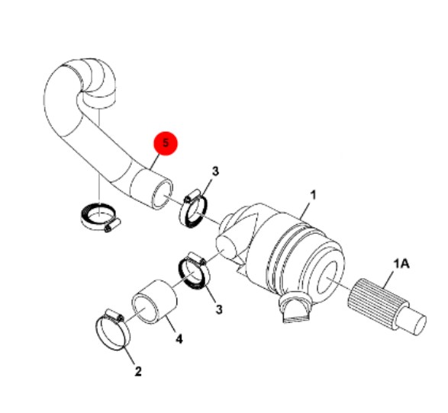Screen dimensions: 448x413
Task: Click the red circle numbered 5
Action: coord(166,143)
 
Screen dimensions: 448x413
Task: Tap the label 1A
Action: coord(401,264)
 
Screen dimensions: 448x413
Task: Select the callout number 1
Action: coord(314,195)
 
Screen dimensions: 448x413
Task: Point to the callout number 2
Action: coord(138,371)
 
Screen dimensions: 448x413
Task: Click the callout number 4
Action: coord(179,339)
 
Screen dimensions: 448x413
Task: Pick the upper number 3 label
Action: coord(215,171)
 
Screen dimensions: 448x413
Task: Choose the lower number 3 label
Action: coord(219,309)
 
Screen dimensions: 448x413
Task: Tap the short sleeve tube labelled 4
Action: coord(154,302)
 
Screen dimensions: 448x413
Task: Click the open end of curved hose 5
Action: coord(163,195)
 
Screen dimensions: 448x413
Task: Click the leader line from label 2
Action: coord(130,355)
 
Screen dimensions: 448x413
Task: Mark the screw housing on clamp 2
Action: coord(114,315)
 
